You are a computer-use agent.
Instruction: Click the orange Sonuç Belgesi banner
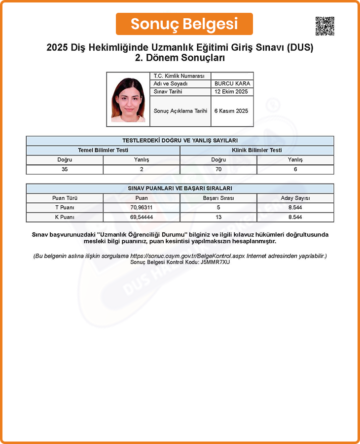pyautogui.click(x=184, y=24)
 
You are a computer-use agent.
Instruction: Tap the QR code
pyautogui.click(x=324, y=26)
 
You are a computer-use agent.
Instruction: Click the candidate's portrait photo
pyautogui.click(x=128, y=100)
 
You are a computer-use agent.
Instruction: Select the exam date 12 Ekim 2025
pyautogui.click(x=231, y=92)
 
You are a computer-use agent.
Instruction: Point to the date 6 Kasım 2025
pyautogui.click(x=231, y=111)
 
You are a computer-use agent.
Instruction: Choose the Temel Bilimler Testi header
pyautogui.click(x=103, y=150)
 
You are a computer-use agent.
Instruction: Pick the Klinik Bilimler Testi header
pyautogui.click(x=257, y=150)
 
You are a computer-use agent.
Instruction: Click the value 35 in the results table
pyautogui.click(x=65, y=169)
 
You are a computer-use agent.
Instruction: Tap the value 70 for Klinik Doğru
pyautogui.click(x=218, y=169)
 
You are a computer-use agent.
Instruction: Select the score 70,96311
pyautogui.click(x=142, y=208)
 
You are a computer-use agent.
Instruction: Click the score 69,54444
pyautogui.click(x=142, y=217)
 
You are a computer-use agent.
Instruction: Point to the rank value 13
pyautogui.click(x=218, y=217)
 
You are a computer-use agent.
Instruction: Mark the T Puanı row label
pyautogui.click(x=65, y=208)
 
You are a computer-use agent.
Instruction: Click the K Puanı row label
pyautogui.click(x=65, y=217)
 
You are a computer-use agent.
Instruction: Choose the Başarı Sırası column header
pyautogui.click(x=218, y=198)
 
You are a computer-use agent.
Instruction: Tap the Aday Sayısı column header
pyautogui.click(x=295, y=198)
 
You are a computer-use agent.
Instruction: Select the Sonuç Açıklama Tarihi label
pyautogui.click(x=180, y=111)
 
